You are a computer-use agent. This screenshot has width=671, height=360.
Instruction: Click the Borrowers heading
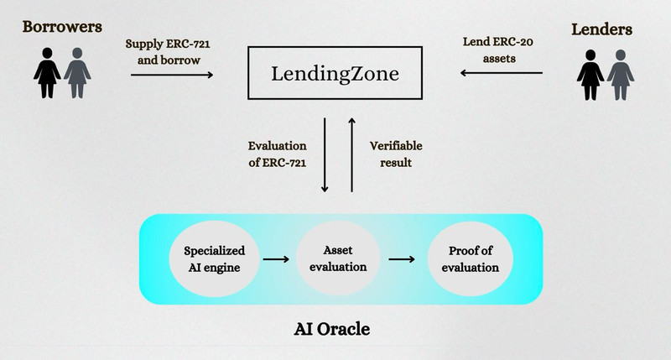62,27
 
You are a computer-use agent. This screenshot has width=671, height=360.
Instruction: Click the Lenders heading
601,29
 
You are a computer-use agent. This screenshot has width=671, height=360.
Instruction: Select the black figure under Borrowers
47,73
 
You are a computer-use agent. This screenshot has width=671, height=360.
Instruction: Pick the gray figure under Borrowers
77,73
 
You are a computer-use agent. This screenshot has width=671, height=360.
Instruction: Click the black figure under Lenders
590,75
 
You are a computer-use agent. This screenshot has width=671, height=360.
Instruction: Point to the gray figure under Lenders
621,75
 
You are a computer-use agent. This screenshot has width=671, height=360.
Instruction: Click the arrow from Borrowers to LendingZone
172,75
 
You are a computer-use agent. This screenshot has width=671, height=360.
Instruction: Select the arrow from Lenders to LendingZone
501,73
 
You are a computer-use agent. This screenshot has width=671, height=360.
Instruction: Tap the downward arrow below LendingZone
325,155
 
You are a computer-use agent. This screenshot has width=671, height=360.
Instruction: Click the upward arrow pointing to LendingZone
351,155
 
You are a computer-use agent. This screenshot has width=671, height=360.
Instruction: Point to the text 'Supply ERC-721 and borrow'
168,52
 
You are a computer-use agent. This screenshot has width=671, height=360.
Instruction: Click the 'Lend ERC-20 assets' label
498,50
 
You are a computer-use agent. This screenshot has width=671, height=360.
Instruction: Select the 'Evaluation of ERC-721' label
278,154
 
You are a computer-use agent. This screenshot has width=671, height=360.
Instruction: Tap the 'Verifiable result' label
396,154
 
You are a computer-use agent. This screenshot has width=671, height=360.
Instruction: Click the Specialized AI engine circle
214,259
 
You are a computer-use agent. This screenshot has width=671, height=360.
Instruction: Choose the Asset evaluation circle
338,258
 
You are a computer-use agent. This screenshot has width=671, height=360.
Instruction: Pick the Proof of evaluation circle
471,259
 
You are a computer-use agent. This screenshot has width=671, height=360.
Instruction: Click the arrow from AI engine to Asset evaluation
276,259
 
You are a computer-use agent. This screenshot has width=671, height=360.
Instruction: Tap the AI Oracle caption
332,329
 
